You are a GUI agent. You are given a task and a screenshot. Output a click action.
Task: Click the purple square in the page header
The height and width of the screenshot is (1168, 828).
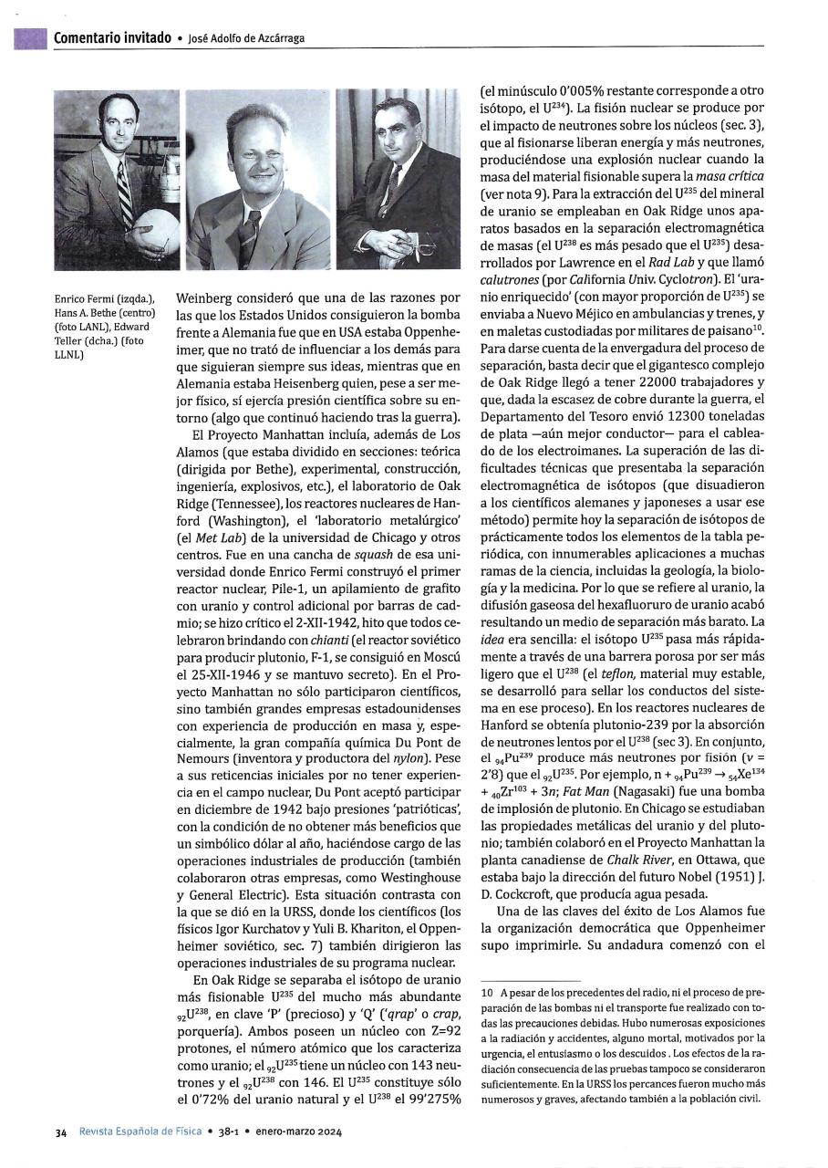30,37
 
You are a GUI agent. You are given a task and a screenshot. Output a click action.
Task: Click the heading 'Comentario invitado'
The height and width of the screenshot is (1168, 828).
111,37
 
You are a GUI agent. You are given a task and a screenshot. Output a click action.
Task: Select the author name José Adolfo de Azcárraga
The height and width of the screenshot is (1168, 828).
246,38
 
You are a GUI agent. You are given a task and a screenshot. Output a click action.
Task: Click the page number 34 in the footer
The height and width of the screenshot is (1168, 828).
60,1133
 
